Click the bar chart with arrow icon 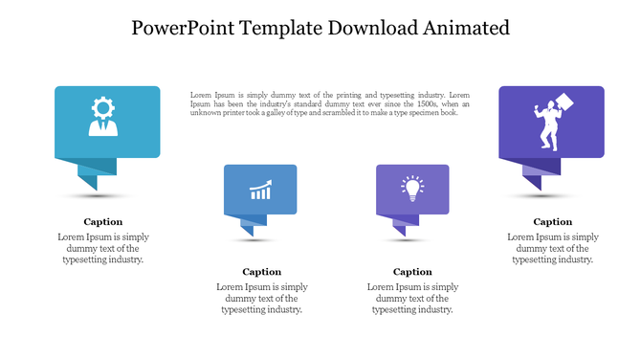click(x=260, y=190)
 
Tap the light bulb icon click(x=412, y=188)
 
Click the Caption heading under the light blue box click(x=102, y=221)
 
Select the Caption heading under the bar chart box click(x=261, y=272)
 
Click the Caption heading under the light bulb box click(x=412, y=272)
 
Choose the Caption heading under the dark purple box click(x=552, y=221)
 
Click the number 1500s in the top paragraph click(x=393, y=103)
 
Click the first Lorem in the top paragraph click(x=201, y=95)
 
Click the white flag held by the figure click(x=565, y=101)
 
